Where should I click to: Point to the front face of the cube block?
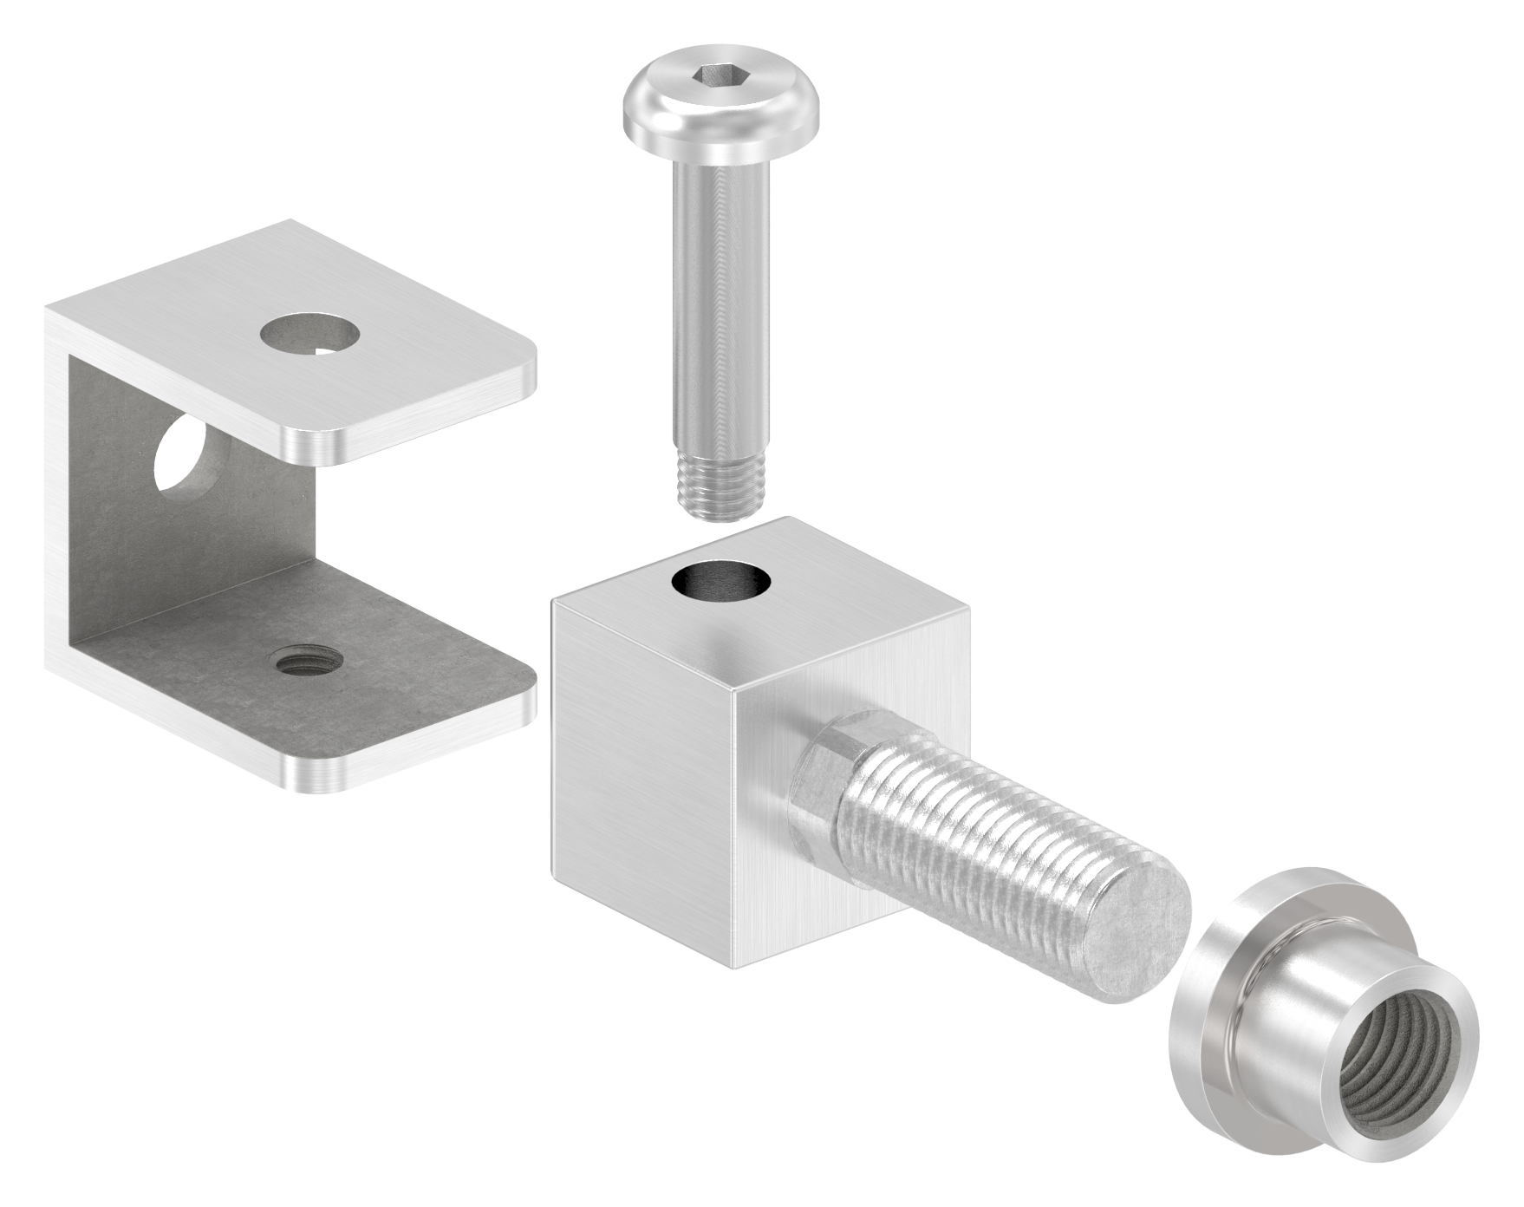pyautogui.click(x=642, y=780)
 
